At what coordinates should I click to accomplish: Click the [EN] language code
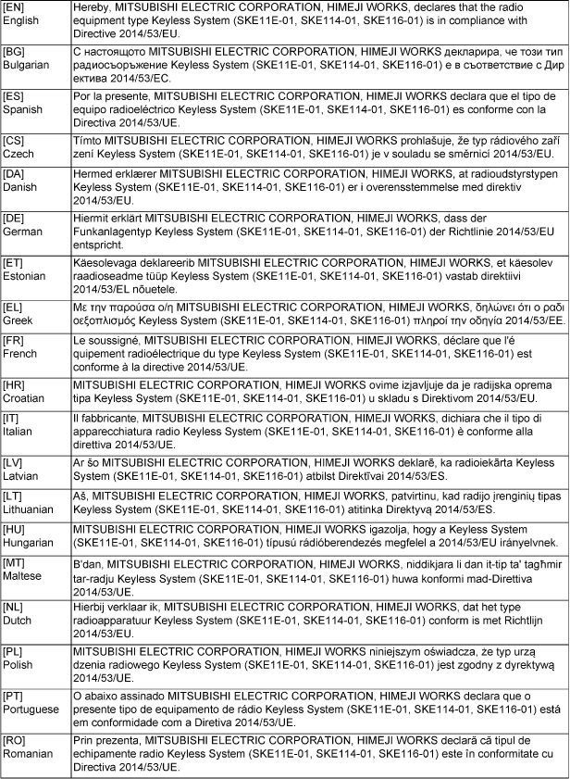[x=15, y=7]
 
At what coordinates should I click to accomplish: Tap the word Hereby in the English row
[x=93, y=7]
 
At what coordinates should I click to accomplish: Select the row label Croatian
[x=24, y=398]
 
